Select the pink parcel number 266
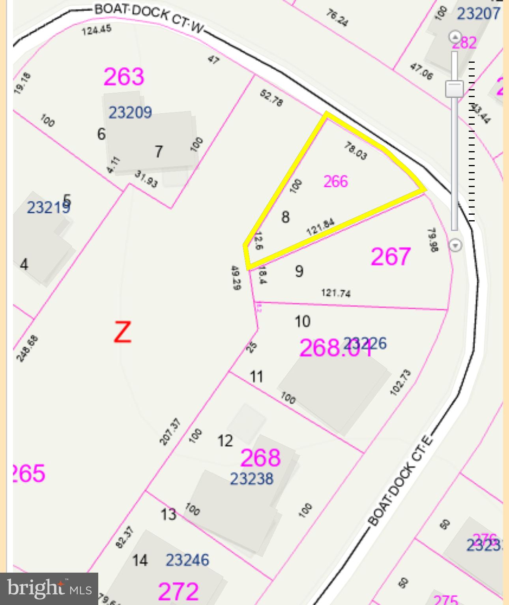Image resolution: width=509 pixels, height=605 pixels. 336,182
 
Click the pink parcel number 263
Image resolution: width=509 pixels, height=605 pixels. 124,77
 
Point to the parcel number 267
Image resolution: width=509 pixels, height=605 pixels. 391,256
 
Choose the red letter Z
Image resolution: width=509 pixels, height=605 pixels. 122,332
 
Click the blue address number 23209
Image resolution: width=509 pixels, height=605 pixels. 130,112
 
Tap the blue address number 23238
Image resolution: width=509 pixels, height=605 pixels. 251,479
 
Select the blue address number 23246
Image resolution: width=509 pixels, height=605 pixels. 187,560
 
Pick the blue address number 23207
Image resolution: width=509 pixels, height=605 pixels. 478,14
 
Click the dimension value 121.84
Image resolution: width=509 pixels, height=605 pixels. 320,227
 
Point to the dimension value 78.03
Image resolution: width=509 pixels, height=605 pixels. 356,151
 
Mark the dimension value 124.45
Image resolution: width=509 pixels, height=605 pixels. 97,30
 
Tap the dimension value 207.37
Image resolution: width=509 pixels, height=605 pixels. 170,432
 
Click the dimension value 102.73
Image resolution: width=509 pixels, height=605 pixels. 400,382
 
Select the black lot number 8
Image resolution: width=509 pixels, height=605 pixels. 285,217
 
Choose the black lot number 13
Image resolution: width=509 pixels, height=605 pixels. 168,515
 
